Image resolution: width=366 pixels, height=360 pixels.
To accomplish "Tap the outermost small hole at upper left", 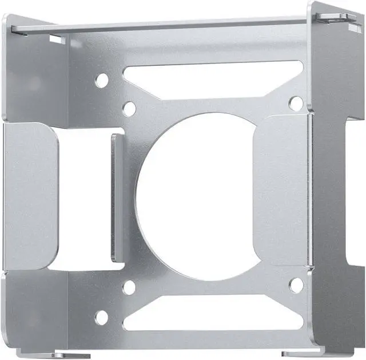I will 101,81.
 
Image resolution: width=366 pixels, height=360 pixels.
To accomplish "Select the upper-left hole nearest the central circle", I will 130,108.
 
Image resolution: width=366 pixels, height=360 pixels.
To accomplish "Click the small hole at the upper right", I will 296,103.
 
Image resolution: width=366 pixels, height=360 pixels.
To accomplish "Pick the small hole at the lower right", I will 296,284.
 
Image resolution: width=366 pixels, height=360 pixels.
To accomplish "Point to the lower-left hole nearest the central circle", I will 130,287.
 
